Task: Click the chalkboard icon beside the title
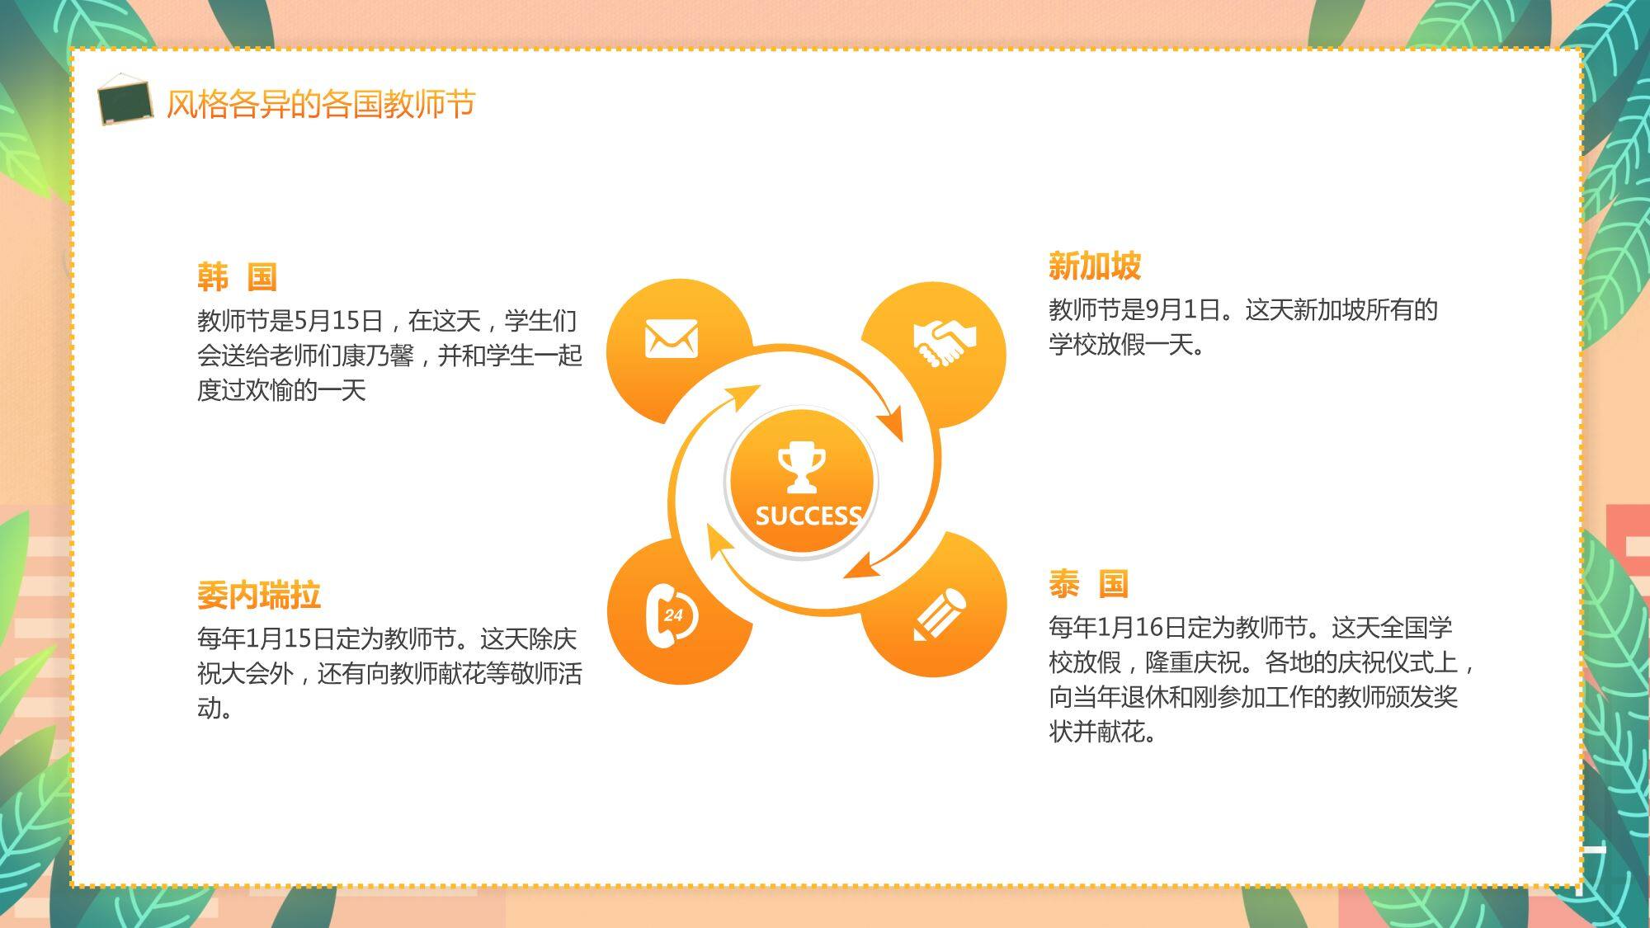pyautogui.click(x=125, y=100)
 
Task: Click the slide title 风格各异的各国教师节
pyautogui.click(x=321, y=105)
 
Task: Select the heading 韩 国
pyautogui.click(x=238, y=277)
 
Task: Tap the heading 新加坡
pyautogui.click(x=1095, y=266)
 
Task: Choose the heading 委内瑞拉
pyautogui.click(x=259, y=596)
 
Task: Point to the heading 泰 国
pyautogui.click(x=1089, y=584)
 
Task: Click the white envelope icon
pyautogui.click(x=672, y=339)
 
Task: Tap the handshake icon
pyautogui.click(x=945, y=342)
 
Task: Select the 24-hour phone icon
pyautogui.click(x=671, y=615)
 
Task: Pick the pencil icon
pyautogui.click(x=940, y=614)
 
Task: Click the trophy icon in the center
pyautogui.click(x=801, y=468)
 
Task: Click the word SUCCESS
pyautogui.click(x=808, y=516)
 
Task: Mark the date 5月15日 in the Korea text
pyautogui.click(x=339, y=321)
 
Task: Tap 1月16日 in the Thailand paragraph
pyautogui.click(x=1142, y=628)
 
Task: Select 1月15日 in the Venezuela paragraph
pyautogui.click(x=290, y=638)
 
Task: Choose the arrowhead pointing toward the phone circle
pyautogui.click(x=719, y=541)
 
